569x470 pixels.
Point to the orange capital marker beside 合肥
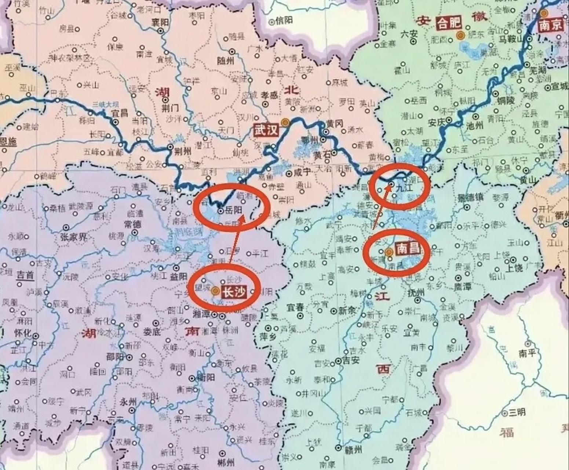tap(460, 35)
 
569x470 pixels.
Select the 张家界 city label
tap(73, 237)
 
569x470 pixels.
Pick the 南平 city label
tap(528, 353)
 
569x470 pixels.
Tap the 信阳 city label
tap(284, 21)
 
